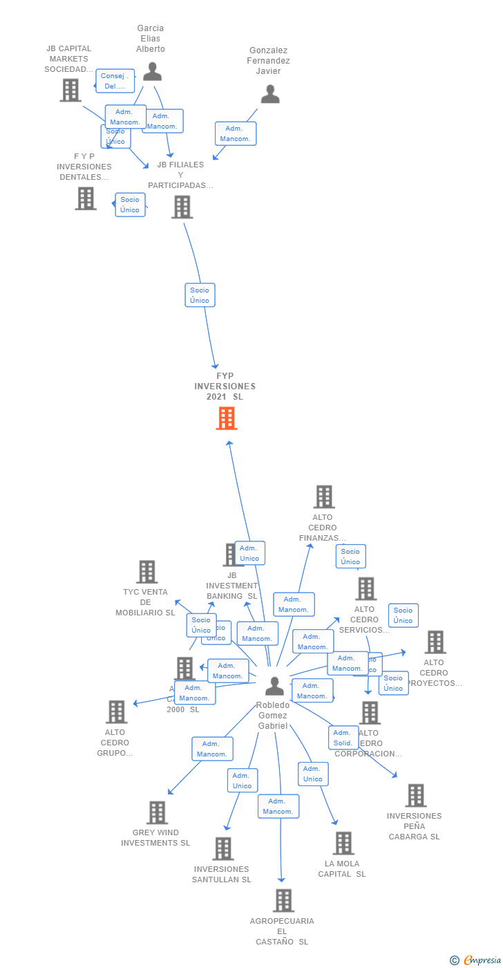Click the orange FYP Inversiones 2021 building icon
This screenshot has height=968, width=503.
[x=227, y=418]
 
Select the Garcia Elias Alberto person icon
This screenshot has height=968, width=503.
[x=152, y=71]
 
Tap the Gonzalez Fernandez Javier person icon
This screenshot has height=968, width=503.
[x=270, y=94]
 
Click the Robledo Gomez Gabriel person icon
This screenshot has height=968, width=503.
[x=274, y=686]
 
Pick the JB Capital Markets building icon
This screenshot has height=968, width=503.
[x=70, y=90]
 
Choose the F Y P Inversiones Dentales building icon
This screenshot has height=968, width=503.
[x=86, y=198]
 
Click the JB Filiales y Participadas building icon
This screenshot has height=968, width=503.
[x=182, y=207]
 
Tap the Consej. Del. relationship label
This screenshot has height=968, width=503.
[x=115, y=81]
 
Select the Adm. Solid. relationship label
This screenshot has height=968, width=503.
[x=343, y=738]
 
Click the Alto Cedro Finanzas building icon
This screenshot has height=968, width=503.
[x=324, y=496]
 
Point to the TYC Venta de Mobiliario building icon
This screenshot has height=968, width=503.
[x=146, y=572]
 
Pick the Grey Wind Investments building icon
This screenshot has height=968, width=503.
[x=158, y=812]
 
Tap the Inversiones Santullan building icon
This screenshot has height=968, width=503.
[x=222, y=848]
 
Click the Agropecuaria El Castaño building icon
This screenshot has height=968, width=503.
[x=283, y=900]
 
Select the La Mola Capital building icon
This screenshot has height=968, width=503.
[x=343, y=843]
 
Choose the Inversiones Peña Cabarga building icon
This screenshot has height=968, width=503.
[x=415, y=795]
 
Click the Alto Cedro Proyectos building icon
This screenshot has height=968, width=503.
[x=435, y=642]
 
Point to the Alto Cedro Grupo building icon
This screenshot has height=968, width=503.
[x=116, y=711]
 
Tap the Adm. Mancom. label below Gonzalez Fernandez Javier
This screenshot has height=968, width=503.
[x=236, y=133]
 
